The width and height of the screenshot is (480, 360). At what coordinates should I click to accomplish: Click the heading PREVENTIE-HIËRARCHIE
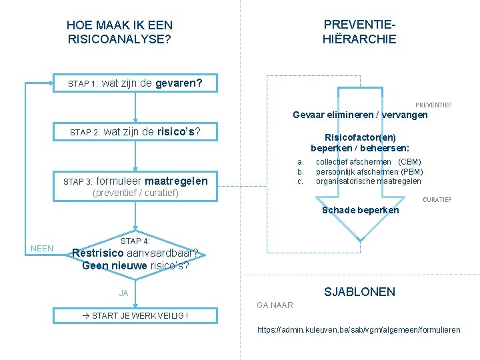pos(359,31)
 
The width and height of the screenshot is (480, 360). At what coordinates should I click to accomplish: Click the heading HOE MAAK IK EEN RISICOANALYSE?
pos(120,32)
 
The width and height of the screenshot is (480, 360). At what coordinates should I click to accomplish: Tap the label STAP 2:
pos(85,133)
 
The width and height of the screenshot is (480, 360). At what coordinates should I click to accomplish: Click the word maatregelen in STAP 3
pos(176,181)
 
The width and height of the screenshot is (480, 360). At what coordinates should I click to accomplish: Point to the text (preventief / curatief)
pos(135,193)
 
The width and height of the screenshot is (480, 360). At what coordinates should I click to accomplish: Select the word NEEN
pos(42,249)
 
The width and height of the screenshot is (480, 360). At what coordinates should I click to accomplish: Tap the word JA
pos(123,293)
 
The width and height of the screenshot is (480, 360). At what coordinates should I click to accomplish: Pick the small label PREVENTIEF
pos(433,105)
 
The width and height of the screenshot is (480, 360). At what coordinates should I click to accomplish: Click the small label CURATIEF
pos(437,200)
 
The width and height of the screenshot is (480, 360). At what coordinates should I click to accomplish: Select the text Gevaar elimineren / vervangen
pos(360,115)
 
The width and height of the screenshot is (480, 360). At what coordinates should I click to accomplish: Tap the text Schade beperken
pos(360,210)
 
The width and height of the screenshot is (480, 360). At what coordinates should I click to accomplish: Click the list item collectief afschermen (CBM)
pos(368,161)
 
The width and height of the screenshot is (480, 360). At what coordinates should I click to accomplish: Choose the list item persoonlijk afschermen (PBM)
pos(369,171)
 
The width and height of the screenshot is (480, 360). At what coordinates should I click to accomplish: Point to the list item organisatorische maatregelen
pos(368,181)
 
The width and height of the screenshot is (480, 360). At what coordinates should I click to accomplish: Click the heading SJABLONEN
pos(359,291)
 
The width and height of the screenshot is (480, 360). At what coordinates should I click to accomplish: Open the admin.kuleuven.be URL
pos(359,330)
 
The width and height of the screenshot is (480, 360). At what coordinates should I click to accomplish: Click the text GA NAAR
pos(275,305)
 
